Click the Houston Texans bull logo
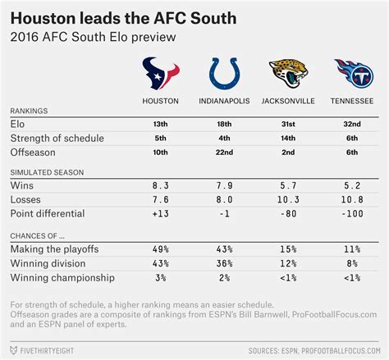[x=161, y=73]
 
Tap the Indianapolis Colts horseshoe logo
[x=224, y=74]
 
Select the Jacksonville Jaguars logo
[x=288, y=73]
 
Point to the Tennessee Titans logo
[x=354, y=73]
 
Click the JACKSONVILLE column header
[x=288, y=101]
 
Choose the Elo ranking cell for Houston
[x=161, y=124]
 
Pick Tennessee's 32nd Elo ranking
[x=352, y=124]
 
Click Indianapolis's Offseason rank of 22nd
[x=224, y=153]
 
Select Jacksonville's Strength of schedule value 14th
[x=288, y=138]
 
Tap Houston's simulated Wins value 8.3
[x=161, y=185]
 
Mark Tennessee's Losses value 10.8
[x=352, y=199]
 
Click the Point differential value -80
[x=288, y=213]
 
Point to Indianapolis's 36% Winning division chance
[x=224, y=263]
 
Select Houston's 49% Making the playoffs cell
[x=161, y=249]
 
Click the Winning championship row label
[x=62, y=278]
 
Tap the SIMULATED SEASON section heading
[x=47, y=172]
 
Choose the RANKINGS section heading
[x=29, y=111]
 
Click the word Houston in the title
[x=43, y=19]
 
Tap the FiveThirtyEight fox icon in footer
[x=13, y=350]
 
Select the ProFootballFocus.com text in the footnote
[x=335, y=314]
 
